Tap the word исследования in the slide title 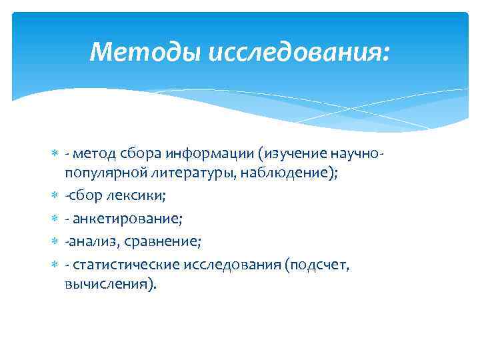(297, 51)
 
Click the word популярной (103, 172)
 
